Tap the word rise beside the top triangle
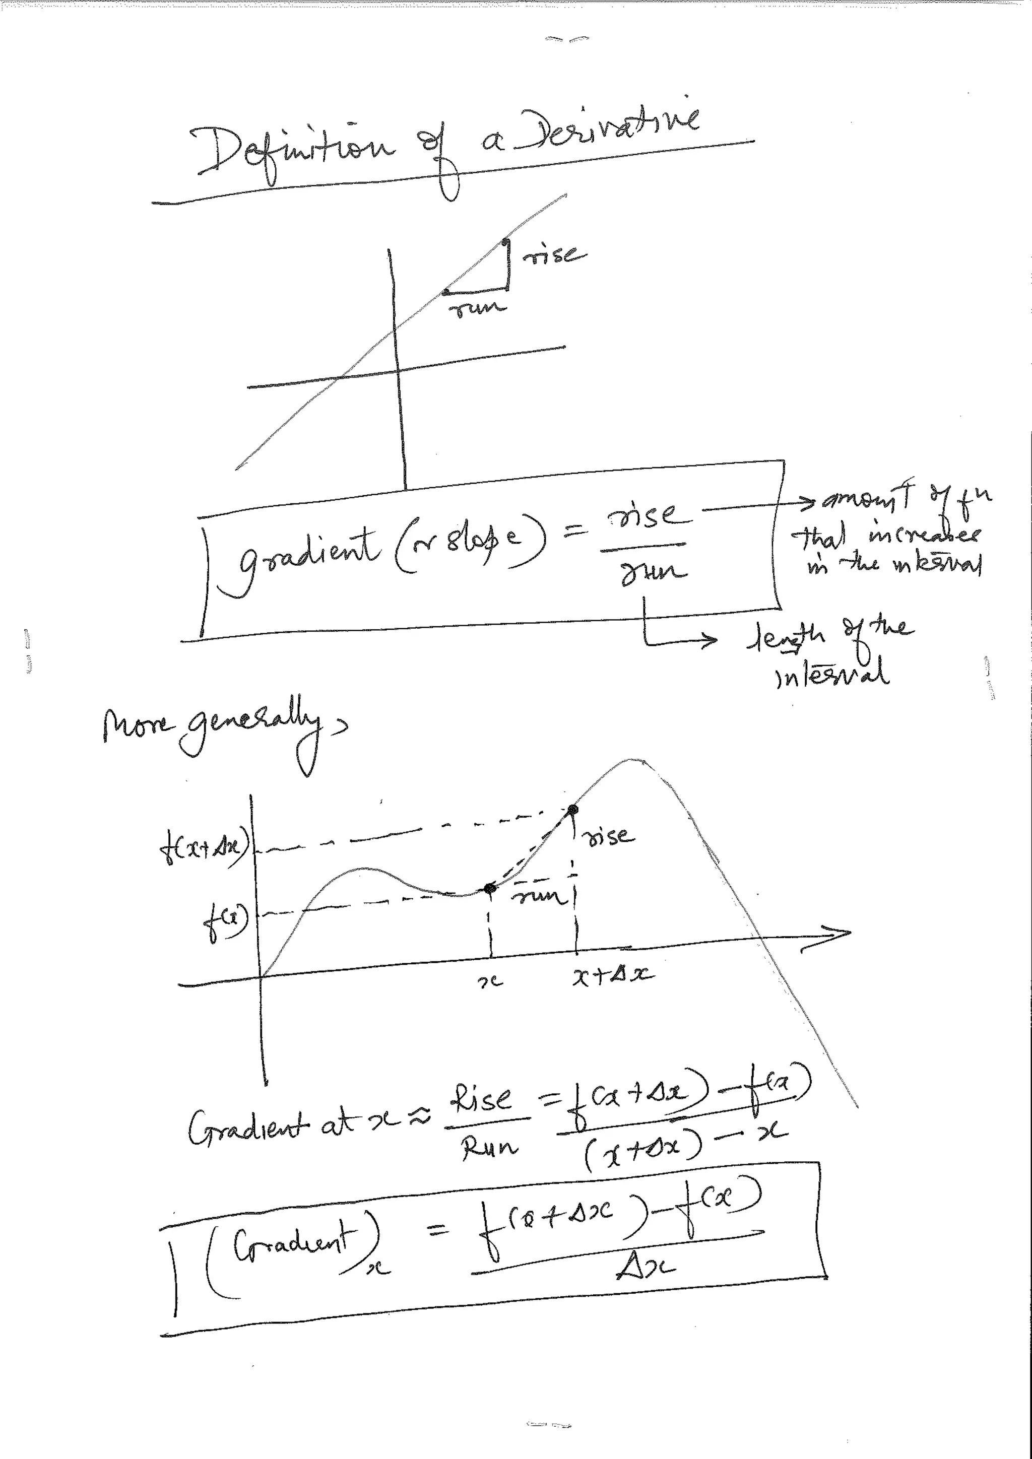tap(555, 254)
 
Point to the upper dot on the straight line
tap(504, 241)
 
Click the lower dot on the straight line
tap(445, 292)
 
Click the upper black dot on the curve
tap(573, 810)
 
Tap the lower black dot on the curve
tap(490, 888)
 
